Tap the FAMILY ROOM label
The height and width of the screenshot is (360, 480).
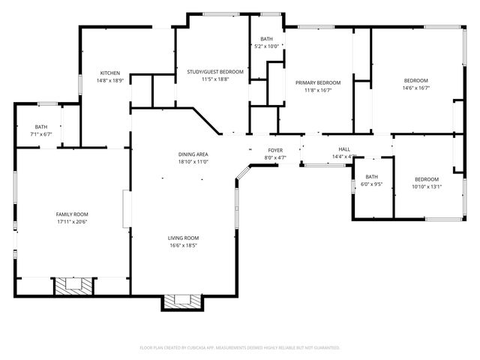coord(72,214)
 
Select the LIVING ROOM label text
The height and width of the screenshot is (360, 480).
coord(183,238)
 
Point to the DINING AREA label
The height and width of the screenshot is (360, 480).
coord(193,154)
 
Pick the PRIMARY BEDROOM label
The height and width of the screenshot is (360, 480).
coord(318,82)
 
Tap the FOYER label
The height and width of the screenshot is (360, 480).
coord(275,150)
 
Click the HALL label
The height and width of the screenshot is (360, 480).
coord(344,149)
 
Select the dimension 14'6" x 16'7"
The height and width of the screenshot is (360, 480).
coord(416,88)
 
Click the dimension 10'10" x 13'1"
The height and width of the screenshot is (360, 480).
coord(427,187)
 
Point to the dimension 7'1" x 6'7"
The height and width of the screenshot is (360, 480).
coord(40,135)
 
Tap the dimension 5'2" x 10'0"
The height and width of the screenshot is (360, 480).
coord(267,46)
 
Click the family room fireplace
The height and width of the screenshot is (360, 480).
coord(73,285)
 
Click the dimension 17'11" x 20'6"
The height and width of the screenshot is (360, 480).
coord(72,222)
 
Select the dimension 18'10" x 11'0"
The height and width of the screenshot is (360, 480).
coord(193,161)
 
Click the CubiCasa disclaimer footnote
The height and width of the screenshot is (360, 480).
coord(240,347)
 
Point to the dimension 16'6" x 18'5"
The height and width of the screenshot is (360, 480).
coord(183,245)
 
